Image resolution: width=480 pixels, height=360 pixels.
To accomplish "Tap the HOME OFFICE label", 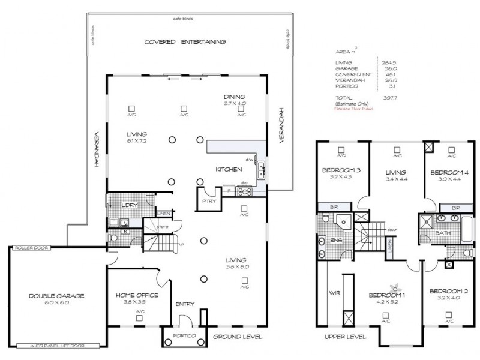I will point(137,295).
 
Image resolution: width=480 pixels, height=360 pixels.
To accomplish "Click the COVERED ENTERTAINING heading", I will point(185,42).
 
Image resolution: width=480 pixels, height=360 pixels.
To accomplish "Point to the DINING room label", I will point(235,97).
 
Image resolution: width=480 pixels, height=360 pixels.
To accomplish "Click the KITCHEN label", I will point(229,170).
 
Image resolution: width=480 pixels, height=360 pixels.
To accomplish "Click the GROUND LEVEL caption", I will point(238,337).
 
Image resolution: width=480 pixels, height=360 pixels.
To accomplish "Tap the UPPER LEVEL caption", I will point(345,337).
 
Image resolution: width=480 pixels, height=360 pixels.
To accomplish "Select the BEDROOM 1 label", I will point(386,296).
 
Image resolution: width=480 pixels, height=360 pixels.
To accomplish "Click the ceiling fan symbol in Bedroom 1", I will point(395,286).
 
